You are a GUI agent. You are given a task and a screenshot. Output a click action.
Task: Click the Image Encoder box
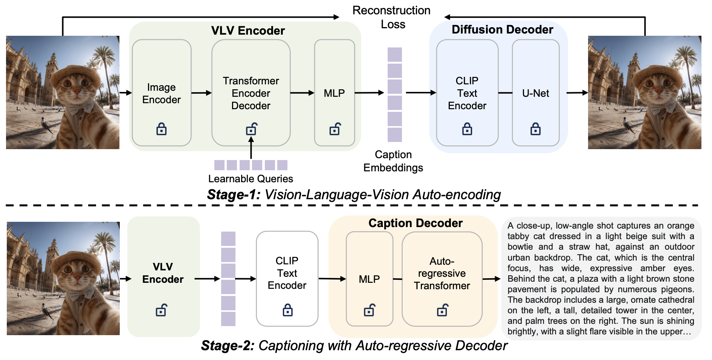point(162,93)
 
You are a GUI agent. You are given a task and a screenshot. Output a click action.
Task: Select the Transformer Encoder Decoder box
point(251,93)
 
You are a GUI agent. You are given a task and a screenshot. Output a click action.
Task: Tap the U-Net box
point(535,93)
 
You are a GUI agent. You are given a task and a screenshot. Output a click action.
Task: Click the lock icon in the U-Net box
point(535,129)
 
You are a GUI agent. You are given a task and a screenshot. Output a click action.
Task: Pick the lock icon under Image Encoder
point(162,129)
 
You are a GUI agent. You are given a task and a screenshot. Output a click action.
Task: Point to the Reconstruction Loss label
point(392,17)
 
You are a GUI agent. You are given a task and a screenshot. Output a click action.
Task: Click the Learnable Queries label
point(251,178)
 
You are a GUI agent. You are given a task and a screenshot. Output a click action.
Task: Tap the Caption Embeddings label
point(393,161)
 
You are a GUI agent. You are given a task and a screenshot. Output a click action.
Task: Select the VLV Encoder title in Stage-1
point(248,31)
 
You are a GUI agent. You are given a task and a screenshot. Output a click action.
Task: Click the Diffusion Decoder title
point(502,29)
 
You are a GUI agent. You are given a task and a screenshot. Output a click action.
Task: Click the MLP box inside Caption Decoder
point(369,279)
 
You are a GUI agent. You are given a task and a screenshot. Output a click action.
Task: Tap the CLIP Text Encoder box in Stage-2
point(287,279)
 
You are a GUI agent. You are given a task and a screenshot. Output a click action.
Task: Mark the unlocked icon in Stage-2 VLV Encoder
point(161,310)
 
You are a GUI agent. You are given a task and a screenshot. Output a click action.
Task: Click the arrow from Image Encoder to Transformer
point(202,93)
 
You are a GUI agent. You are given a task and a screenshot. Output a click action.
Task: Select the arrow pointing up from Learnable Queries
point(251,148)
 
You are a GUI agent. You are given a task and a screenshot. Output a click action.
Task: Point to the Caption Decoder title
point(416,223)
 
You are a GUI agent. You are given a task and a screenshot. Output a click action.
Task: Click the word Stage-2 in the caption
point(228,345)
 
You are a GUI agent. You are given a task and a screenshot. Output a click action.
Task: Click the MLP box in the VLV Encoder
point(335,93)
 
